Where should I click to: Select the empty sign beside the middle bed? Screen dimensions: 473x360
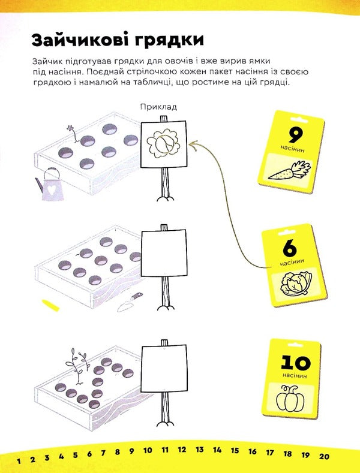tap(161, 254)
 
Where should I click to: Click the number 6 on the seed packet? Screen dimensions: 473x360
tap(289, 249)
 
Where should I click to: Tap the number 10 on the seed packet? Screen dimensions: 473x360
tap(295, 362)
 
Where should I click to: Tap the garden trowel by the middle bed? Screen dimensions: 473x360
tap(130, 302)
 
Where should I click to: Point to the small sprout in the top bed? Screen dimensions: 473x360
tap(71, 133)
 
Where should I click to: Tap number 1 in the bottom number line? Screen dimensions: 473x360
tap(19, 460)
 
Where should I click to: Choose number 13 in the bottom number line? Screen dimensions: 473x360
tap(200, 449)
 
